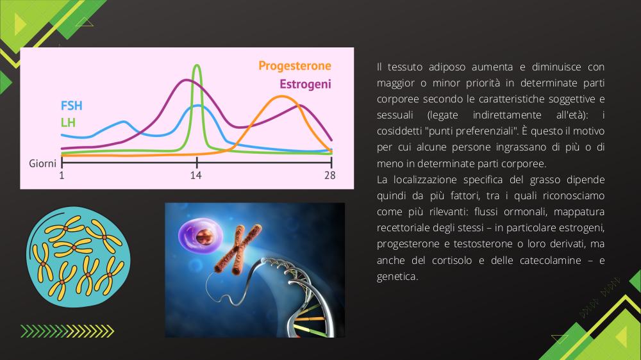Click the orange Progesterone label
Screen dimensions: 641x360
pos(295,66)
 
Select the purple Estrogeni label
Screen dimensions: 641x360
pos(305,84)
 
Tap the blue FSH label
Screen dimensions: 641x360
pos(72,106)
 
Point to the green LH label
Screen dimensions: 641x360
pos(68,122)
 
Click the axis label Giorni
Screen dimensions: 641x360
pos(42,163)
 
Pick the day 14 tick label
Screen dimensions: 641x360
pos(196,176)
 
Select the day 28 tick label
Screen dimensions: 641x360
pos(330,176)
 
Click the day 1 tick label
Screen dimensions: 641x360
pos(62,176)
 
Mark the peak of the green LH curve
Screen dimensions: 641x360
pos(197,65)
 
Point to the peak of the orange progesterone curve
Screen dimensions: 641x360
pos(281,97)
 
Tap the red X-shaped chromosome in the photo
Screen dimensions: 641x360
pos(238,249)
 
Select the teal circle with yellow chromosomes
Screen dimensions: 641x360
pos(78,257)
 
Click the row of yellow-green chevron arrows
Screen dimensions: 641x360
pos(67,331)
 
